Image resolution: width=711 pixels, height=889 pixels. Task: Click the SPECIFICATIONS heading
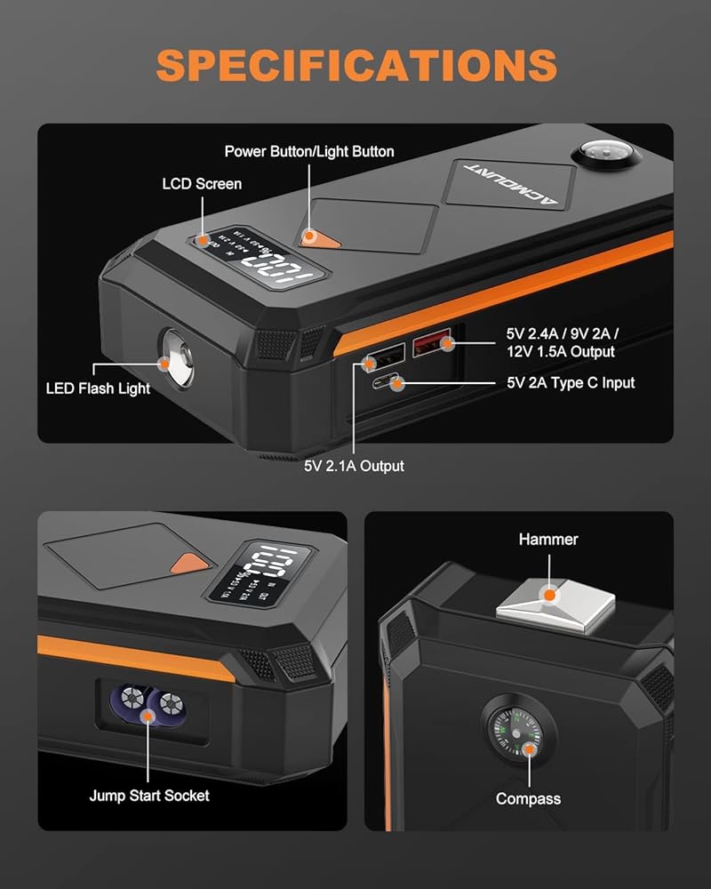(355, 65)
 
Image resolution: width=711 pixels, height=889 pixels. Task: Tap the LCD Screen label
(202, 184)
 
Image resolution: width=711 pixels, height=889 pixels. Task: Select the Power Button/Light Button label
(309, 151)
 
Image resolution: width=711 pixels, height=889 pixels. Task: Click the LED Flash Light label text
(98, 388)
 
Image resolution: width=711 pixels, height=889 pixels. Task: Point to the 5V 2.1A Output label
(354, 466)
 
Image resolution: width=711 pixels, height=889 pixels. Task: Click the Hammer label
(548, 539)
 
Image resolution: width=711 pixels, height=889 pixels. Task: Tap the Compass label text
(528, 798)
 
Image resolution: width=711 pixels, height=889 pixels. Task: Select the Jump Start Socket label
(149, 795)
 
